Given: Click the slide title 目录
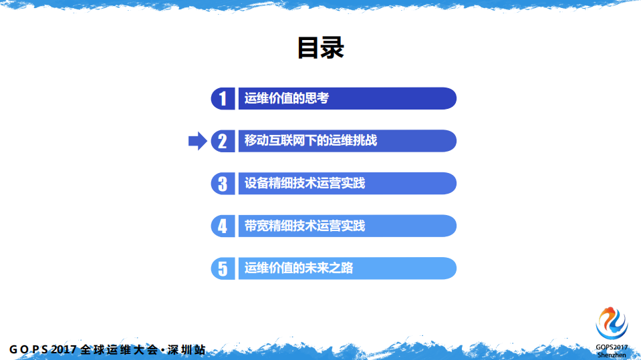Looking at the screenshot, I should pos(320,48).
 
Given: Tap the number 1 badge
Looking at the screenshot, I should pos(223,99).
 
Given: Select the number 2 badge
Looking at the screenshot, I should pos(223,141).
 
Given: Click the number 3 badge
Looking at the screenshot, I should pos(223,184).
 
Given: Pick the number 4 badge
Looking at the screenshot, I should pos(223,226).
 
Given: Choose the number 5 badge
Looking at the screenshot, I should pos(223,268).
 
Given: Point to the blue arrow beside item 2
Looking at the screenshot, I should pos(197,141).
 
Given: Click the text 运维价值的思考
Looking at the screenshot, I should pos(287,99).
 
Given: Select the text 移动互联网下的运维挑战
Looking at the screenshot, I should pos(311,141).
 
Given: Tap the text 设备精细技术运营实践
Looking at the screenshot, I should pos(305,184).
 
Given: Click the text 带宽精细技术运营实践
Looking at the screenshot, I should pos(305,226).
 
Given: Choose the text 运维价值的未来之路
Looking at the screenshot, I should pos(299,268).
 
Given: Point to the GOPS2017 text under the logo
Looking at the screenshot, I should pos(612,347).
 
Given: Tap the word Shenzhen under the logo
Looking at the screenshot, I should pos(612,355).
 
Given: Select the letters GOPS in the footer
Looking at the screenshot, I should pos(28,349).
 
